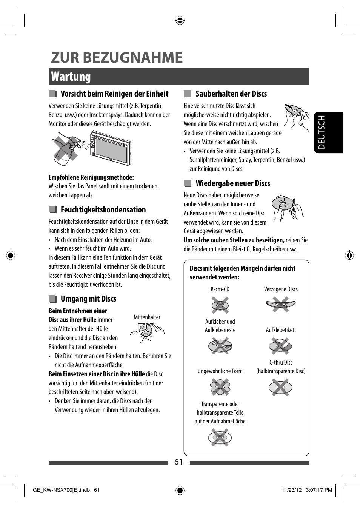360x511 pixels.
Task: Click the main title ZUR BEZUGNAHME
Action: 117,58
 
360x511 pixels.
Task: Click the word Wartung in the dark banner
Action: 71,77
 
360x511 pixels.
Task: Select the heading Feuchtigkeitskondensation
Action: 103,210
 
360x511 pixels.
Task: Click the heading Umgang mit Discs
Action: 88,299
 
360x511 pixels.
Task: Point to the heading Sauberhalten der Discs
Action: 231,94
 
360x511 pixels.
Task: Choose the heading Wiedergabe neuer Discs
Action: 233,183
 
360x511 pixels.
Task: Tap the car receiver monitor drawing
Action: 111,148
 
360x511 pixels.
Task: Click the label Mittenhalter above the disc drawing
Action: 147,317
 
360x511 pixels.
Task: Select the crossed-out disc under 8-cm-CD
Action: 220,305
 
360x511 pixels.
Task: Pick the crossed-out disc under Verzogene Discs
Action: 280,304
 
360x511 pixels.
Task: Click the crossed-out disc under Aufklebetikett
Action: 280,345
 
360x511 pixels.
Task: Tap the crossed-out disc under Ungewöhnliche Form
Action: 220,387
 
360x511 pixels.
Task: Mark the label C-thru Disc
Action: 281,362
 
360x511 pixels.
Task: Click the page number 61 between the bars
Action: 178,462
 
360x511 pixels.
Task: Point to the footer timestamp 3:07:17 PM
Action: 319,490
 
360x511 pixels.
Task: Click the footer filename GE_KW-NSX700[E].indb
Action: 61,490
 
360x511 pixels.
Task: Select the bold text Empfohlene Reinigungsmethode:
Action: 91,177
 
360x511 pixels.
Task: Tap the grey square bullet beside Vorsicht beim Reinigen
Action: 52,94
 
